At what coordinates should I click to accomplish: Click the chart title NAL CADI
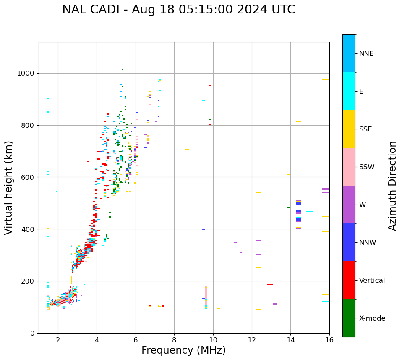pyautogui.click(x=178, y=10)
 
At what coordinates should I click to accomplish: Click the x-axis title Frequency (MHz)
pyautogui.click(x=183, y=350)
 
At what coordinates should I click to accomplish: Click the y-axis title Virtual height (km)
pyautogui.click(x=9, y=187)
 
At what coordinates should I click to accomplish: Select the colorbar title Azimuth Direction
pyautogui.click(x=392, y=186)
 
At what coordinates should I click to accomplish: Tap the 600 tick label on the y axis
pyautogui.click(x=28, y=177)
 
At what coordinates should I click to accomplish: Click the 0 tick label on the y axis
pyautogui.click(x=32, y=333)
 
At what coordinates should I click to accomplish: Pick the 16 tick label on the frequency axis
pyautogui.click(x=329, y=340)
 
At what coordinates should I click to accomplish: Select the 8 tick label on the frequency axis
pyautogui.click(x=174, y=340)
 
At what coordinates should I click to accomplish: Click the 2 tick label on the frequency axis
pyautogui.click(x=58, y=340)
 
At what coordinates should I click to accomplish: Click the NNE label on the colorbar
pyautogui.click(x=366, y=54)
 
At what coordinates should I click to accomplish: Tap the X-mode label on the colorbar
pyautogui.click(x=372, y=318)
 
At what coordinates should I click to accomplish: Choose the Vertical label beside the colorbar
pyautogui.click(x=372, y=281)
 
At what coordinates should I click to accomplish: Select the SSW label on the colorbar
pyautogui.click(x=367, y=167)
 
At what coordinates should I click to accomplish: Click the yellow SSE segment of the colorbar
pyautogui.click(x=349, y=129)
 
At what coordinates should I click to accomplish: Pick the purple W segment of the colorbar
pyautogui.click(x=349, y=205)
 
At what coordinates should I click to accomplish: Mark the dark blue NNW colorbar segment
pyautogui.click(x=349, y=242)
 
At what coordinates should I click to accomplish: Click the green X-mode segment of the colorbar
pyautogui.click(x=349, y=318)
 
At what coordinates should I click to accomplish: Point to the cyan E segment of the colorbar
pyautogui.click(x=349, y=91)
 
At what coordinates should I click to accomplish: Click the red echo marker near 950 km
pyautogui.click(x=210, y=85)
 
